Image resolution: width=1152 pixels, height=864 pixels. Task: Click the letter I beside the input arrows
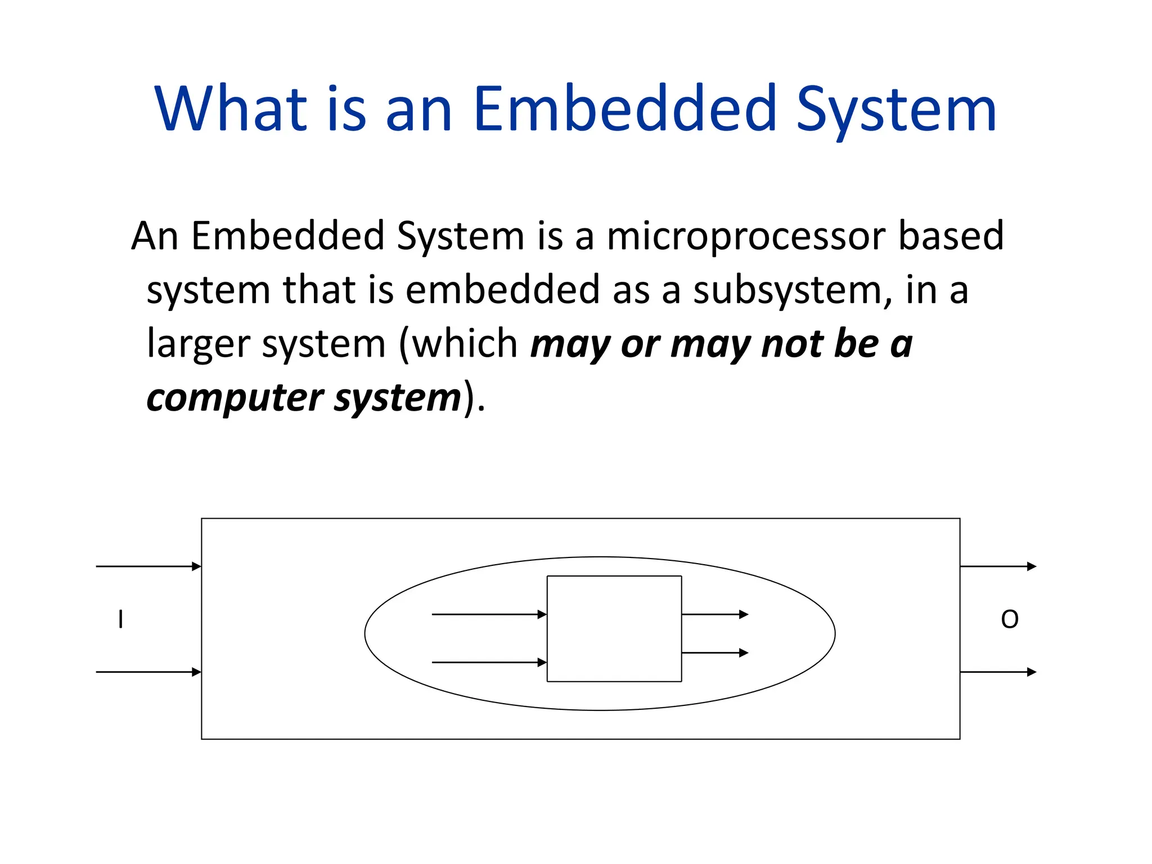[x=120, y=619]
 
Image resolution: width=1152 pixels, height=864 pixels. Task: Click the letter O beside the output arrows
[x=1010, y=619]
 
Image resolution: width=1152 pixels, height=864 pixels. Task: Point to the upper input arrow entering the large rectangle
[x=148, y=566]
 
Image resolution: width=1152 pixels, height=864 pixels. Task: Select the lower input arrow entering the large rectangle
[x=148, y=672]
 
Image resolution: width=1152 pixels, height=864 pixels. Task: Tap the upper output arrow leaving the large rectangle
[x=998, y=566]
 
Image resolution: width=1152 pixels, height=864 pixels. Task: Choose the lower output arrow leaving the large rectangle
[x=998, y=672]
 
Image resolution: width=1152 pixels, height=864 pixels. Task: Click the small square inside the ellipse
[x=614, y=628]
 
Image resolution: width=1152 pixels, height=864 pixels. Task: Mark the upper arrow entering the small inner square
[x=489, y=614]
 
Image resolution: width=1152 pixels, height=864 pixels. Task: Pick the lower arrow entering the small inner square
[x=489, y=663]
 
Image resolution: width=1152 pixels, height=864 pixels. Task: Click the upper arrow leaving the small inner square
[x=714, y=614]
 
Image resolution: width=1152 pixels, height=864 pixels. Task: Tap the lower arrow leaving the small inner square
[x=714, y=652]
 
